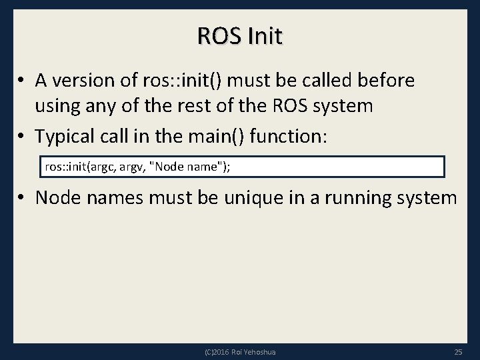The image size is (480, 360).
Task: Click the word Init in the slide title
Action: click(x=265, y=36)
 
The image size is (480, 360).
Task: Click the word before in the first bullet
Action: click(x=388, y=81)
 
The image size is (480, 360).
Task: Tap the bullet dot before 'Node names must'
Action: click(x=23, y=199)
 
